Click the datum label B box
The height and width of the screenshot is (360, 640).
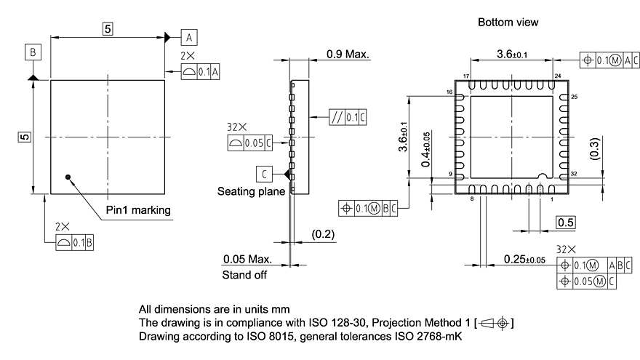coord(33,52)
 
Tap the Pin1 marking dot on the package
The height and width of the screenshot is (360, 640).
coord(68,176)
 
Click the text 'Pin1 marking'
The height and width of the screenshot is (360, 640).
coord(138,210)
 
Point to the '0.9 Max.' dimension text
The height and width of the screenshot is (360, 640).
coord(348,54)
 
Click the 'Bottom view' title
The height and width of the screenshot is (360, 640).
coord(508,23)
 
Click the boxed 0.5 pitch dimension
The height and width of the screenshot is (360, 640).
coord(566,222)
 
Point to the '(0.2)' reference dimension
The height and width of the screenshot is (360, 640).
coord(322,234)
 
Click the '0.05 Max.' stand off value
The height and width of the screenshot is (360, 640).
coord(247,259)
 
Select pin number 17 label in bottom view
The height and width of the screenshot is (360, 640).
coord(465,76)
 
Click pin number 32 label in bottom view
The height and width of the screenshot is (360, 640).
coord(575,175)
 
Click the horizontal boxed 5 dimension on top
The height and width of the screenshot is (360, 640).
coord(108,29)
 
